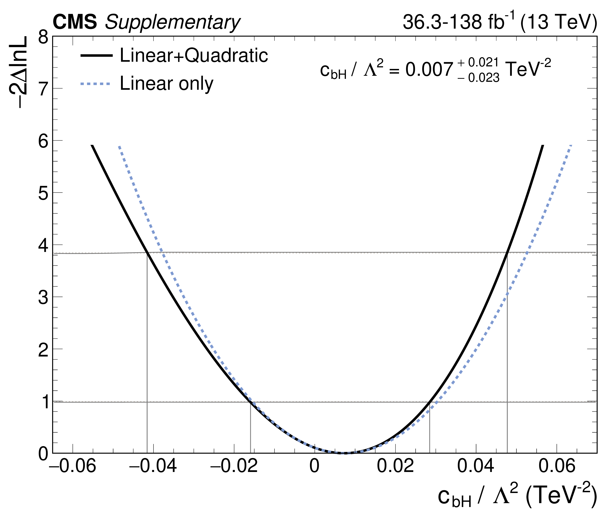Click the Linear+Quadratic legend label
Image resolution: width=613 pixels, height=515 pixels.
coord(194,55)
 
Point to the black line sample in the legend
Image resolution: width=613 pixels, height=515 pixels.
coord(96,55)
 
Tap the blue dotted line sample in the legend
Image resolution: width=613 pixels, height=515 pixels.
coord(96,84)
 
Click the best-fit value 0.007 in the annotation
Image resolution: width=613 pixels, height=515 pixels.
coord(429,70)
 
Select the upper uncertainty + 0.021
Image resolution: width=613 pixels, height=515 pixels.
coord(478,63)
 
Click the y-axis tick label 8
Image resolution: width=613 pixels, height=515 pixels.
coord(43,38)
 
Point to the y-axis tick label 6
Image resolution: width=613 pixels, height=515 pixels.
coord(43,142)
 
